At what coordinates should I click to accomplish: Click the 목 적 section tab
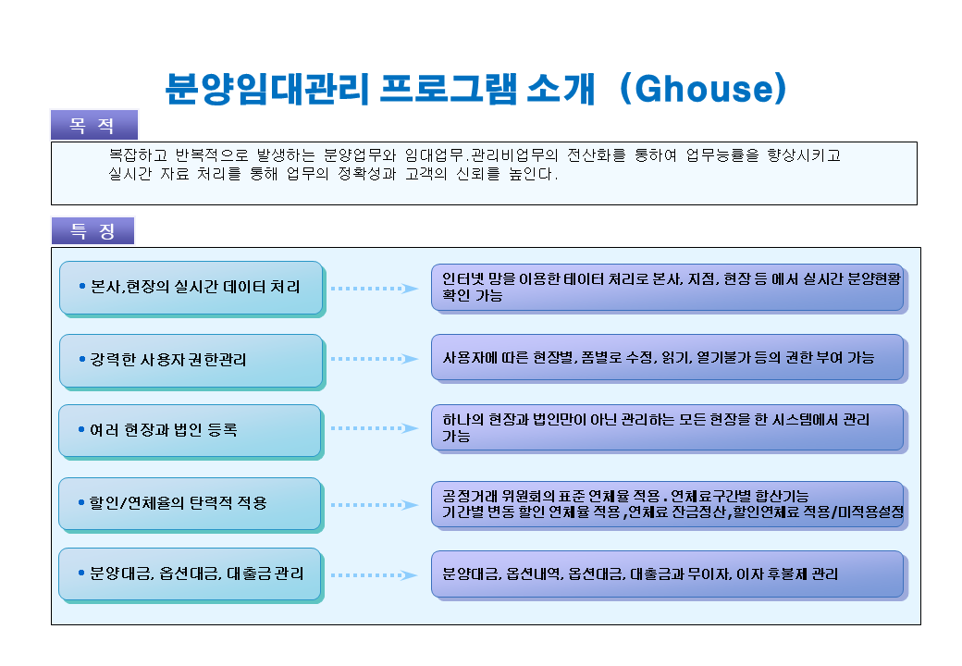pyautogui.click(x=93, y=125)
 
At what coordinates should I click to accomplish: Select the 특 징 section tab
pyautogui.click(x=92, y=230)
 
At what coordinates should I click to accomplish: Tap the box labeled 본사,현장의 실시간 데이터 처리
pyautogui.click(x=191, y=289)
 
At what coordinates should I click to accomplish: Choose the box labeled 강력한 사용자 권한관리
pyautogui.click(x=191, y=361)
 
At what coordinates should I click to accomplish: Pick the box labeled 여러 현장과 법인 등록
pyautogui.click(x=191, y=431)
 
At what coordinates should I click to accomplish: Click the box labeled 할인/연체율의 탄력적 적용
pyautogui.click(x=191, y=504)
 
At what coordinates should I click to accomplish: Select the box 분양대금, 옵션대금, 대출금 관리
pyautogui.click(x=191, y=574)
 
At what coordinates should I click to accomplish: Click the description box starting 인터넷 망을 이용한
pyautogui.click(x=669, y=288)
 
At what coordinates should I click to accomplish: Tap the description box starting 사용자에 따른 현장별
pyautogui.click(x=669, y=358)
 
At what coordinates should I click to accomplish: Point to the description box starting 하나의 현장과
pyautogui.click(x=669, y=428)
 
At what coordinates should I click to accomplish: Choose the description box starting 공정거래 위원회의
pyautogui.click(x=669, y=505)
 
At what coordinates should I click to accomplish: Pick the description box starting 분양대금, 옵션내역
pyautogui.click(x=669, y=574)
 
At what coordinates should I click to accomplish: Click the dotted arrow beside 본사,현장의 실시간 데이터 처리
pyautogui.click(x=375, y=289)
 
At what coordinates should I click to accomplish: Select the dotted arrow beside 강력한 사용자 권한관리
pyautogui.click(x=375, y=359)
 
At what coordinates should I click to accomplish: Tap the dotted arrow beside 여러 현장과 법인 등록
pyautogui.click(x=375, y=428)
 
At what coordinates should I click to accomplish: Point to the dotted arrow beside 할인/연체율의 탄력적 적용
pyautogui.click(x=375, y=505)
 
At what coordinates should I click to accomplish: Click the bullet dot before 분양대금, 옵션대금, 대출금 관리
pyautogui.click(x=81, y=573)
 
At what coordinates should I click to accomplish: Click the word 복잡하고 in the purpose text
pyautogui.click(x=138, y=155)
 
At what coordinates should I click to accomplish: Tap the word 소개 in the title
pyautogui.click(x=561, y=89)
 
